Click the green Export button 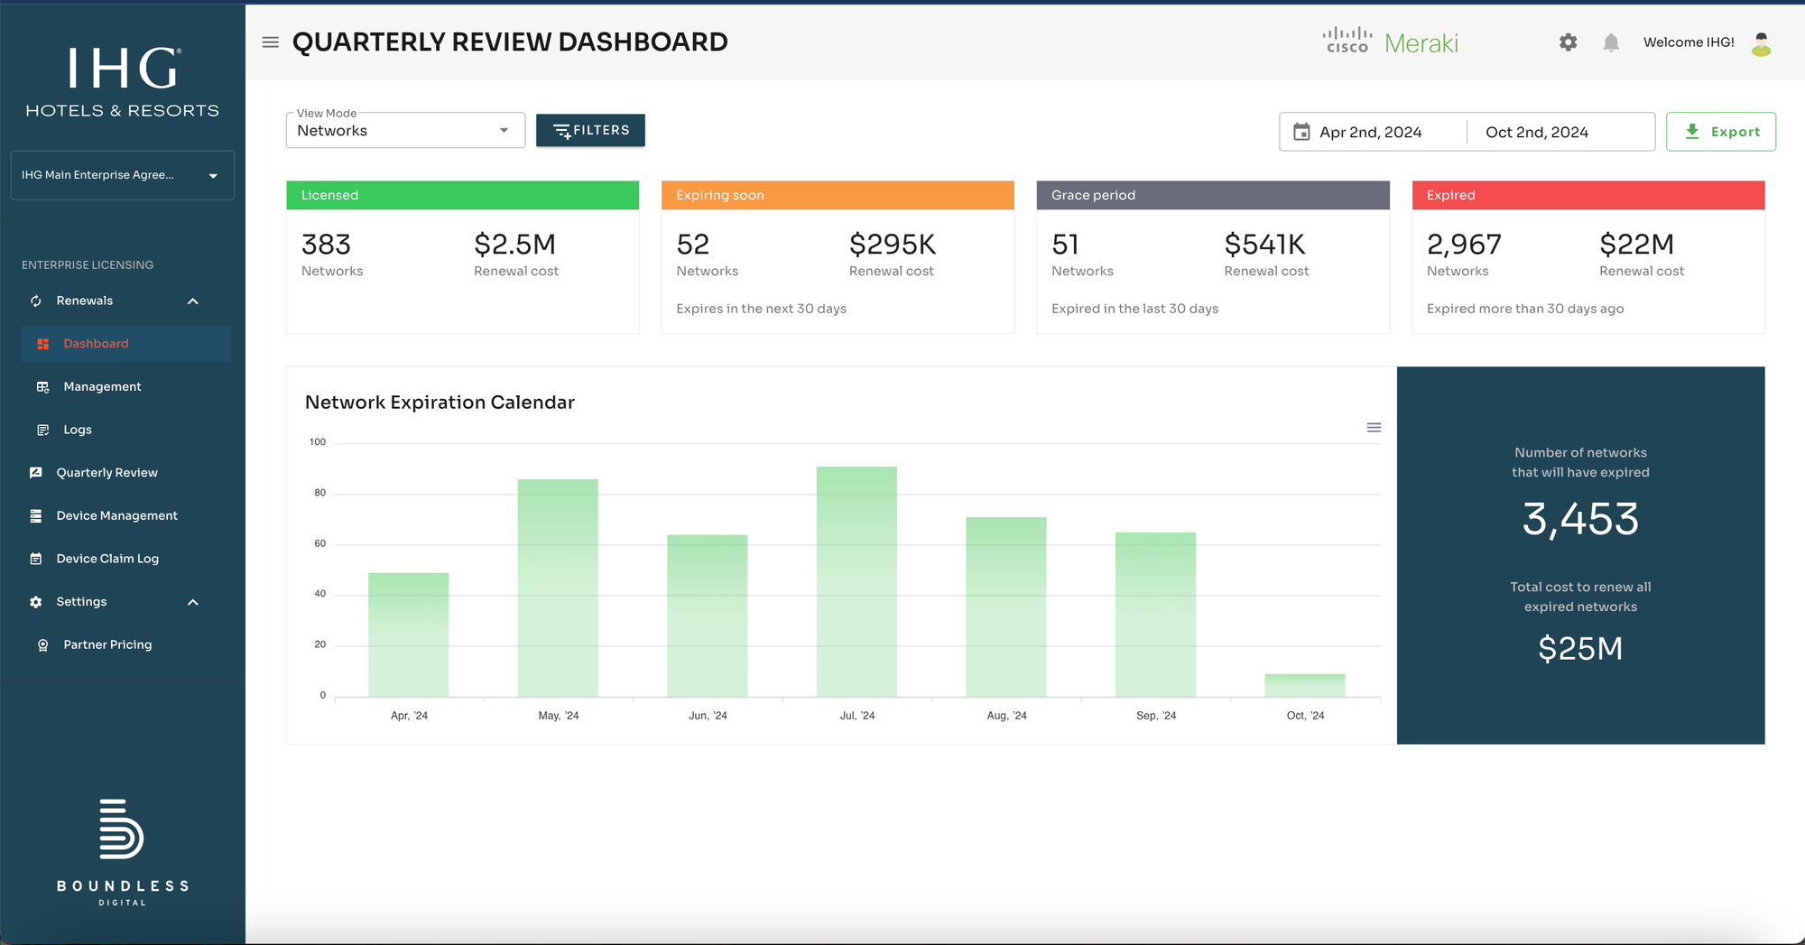pyautogui.click(x=1720, y=132)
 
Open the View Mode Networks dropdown pyautogui.click(x=405, y=131)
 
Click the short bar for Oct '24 pyautogui.click(x=1304, y=685)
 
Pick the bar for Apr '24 pyautogui.click(x=408, y=634)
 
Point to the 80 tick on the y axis pyautogui.click(x=319, y=493)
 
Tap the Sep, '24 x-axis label pyautogui.click(x=1155, y=716)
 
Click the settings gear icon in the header pyautogui.click(x=1568, y=42)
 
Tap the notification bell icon pyautogui.click(x=1611, y=42)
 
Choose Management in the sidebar pyautogui.click(x=102, y=386)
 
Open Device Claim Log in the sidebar pyautogui.click(x=107, y=559)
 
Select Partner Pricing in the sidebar pyautogui.click(x=107, y=644)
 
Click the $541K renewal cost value pyautogui.click(x=1264, y=245)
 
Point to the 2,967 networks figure pyautogui.click(x=1464, y=245)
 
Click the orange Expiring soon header pyautogui.click(x=838, y=195)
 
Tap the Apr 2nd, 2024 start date pyautogui.click(x=1370, y=132)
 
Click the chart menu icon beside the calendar pyautogui.click(x=1374, y=428)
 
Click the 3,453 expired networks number pyautogui.click(x=1580, y=519)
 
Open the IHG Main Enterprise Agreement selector pyautogui.click(x=122, y=175)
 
